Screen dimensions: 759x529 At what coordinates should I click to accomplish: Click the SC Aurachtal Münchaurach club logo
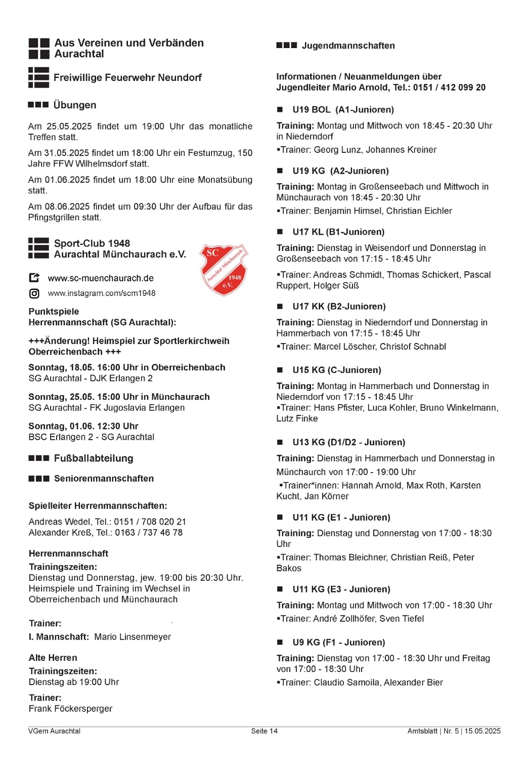[224, 269]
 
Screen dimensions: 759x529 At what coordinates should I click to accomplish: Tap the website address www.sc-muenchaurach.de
[101, 278]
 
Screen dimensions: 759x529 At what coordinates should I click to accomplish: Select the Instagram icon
[34, 293]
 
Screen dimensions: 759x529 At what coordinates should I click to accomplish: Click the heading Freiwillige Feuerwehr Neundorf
[127, 78]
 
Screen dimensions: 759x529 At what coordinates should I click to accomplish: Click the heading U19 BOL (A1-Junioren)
[343, 110]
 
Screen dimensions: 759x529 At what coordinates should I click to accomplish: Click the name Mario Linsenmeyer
[133, 637]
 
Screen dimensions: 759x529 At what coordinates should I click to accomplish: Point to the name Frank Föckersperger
[70, 709]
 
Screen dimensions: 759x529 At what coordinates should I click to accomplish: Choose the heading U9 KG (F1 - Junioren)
[338, 643]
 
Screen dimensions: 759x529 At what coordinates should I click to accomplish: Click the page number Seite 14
[264, 731]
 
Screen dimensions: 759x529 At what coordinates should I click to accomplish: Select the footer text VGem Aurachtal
[54, 731]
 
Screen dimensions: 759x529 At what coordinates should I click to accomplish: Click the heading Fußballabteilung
[94, 458]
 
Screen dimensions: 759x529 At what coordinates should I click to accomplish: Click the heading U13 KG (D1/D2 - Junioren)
[348, 442]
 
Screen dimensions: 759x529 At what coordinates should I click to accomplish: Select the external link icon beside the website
[34, 278]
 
